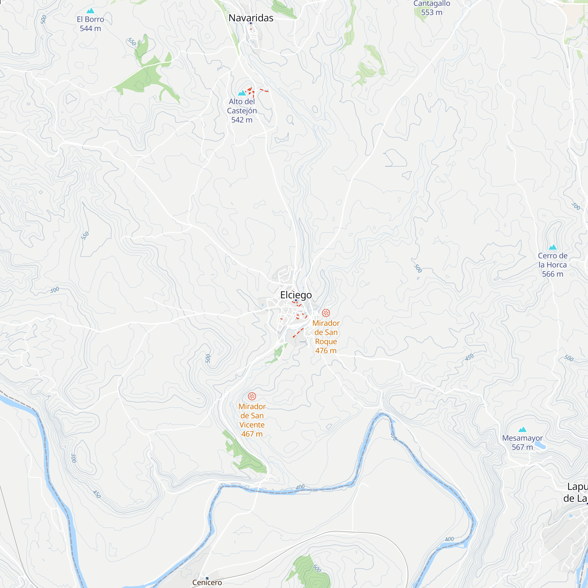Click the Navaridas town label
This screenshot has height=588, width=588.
coord(251,18)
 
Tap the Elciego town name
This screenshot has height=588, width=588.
coord(296,295)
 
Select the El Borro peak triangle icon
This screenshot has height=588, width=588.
coord(90,11)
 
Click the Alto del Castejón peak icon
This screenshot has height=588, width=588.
coord(242,93)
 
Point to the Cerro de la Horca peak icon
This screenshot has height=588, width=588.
coord(552,247)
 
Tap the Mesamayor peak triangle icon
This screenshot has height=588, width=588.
coord(522,430)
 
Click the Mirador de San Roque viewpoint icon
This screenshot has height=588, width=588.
coord(326,313)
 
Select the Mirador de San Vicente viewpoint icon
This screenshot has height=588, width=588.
coord(252,396)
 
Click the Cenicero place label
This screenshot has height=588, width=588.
coord(207,582)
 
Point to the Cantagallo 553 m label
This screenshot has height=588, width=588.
coord(432,8)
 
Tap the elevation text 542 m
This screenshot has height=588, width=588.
coord(242,120)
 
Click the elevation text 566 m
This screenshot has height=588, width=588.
coord(552,274)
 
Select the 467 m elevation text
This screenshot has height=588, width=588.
coord(252,434)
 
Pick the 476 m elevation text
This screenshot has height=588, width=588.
coord(326,351)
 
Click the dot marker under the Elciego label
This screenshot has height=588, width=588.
coord(296,300)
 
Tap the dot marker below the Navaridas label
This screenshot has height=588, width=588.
coord(251,23)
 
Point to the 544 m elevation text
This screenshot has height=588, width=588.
coord(90,29)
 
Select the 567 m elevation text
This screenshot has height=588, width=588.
coord(522,447)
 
